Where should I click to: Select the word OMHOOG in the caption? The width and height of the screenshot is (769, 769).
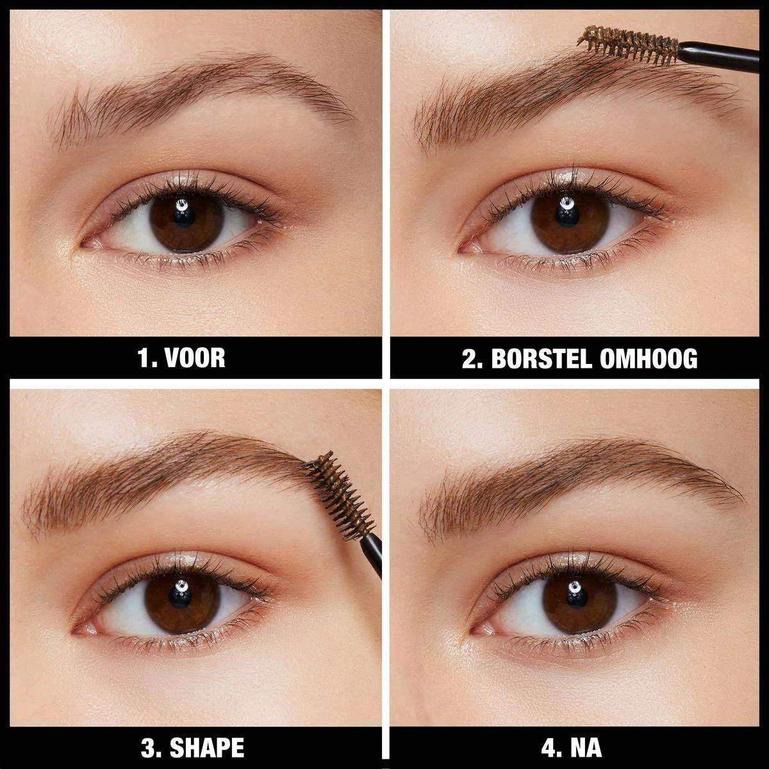(x=648, y=358)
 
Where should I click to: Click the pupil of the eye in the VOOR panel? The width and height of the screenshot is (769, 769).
(x=181, y=223)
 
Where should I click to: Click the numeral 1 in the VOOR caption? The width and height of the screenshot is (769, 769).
(x=144, y=358)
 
